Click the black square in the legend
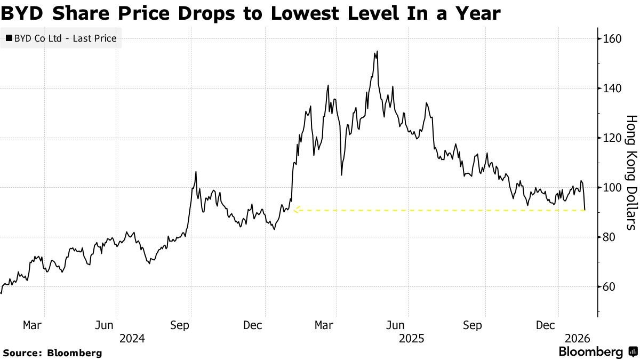pos(9,38)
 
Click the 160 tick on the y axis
pos(611,38)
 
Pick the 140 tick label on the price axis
pos(611,88)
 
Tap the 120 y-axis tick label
pos(611,138)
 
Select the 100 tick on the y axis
pos(611,187)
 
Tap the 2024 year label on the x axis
pos(132,338)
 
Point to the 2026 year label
pos(578,338)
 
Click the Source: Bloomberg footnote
pos(52,353)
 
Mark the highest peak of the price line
pos(377,51)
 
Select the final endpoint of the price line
pos(585,210)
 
